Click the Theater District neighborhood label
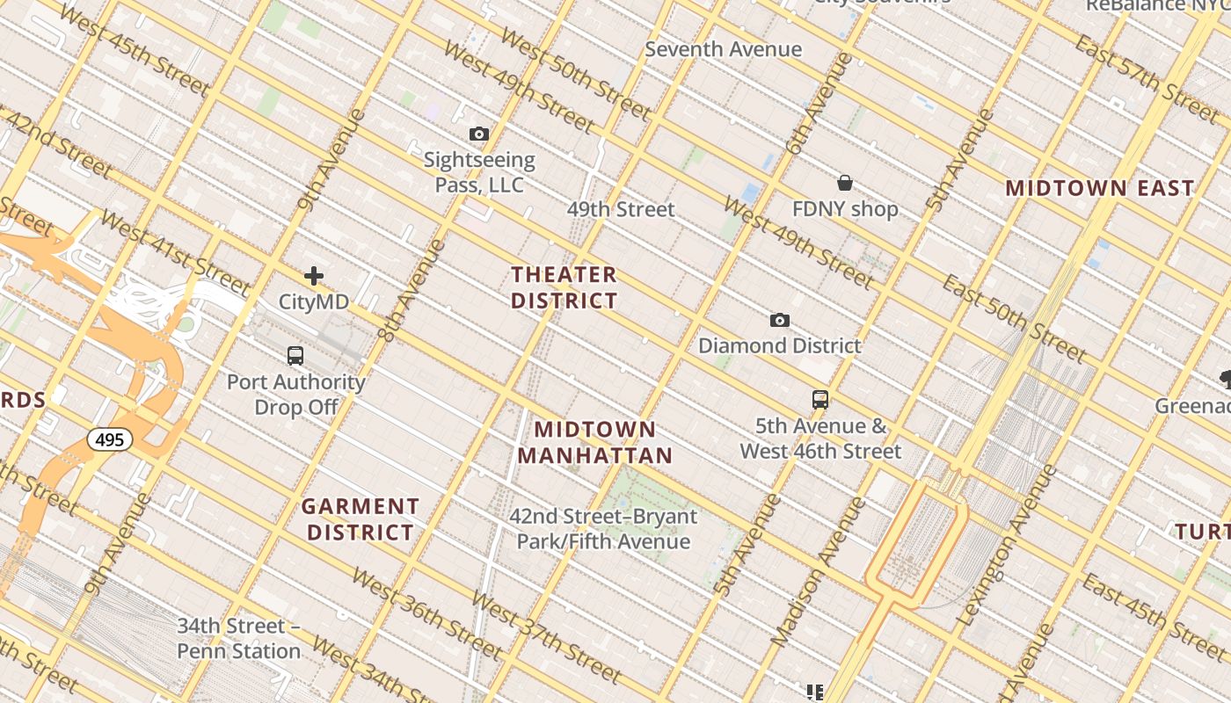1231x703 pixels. (564, 287)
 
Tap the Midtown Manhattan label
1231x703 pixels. (594, 442)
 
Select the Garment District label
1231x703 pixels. (360, 519)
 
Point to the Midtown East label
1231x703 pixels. (1100, 188)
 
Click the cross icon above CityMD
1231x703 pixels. (314, 277)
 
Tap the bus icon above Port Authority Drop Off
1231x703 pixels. (295, 356)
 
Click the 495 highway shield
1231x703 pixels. (110, 438)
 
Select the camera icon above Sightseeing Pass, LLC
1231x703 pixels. (479, 134)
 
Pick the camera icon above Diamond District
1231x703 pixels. (779, 321)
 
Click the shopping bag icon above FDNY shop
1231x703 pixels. (845, 183)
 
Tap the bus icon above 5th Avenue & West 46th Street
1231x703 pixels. (820, 400)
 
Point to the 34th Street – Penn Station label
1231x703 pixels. (239, 639)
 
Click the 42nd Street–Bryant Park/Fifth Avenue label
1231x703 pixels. (603, 528)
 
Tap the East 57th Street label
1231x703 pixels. (1147, 79)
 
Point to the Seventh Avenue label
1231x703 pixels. (723, 49)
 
